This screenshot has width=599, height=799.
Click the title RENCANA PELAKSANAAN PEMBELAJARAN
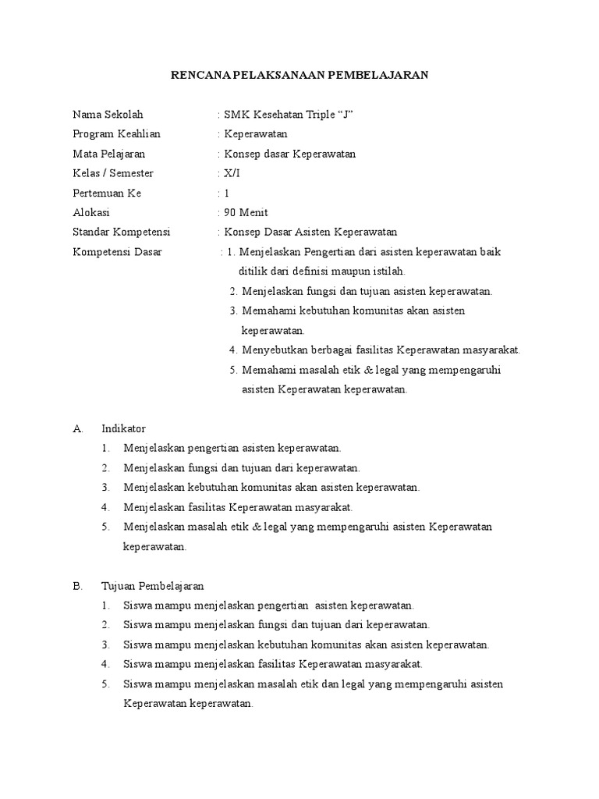point(299,75)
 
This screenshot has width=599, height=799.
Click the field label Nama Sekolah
point(108,115)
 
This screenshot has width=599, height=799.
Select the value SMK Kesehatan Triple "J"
point(289,115)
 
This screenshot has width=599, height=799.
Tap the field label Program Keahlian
point(116,134)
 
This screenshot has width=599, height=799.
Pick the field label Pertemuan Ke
point(107,193)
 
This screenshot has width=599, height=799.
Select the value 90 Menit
point(245,212)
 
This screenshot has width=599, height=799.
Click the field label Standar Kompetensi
point(121,232)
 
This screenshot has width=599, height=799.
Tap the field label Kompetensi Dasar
point(117,252)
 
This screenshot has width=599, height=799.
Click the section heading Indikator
point(123,428)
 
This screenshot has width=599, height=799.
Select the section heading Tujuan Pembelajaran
point(153,585)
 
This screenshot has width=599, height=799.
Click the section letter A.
point(76,428)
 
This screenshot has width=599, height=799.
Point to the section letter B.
point(76,585)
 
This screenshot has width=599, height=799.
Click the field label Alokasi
point(91,212)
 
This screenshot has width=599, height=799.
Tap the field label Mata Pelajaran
point(108,154)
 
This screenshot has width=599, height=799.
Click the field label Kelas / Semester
point(112,173)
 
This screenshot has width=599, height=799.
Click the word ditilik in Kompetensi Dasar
point(253,272)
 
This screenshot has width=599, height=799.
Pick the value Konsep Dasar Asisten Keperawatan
point(310,232)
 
